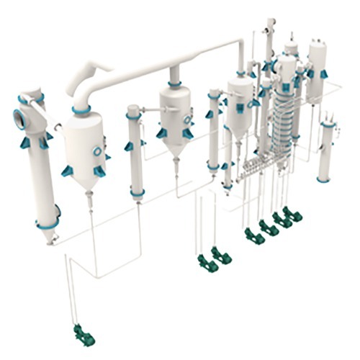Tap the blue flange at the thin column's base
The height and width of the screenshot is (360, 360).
pyautogui.click(x=136, y=192)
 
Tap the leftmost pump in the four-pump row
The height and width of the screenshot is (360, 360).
pyautogui.click(x=252, y=234)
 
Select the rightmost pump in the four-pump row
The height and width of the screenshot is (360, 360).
pyautogui.click(x=292, y=214)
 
